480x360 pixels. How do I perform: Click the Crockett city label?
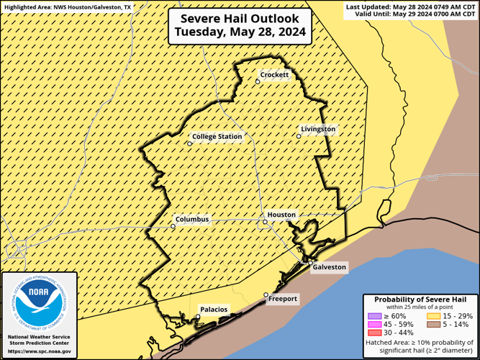click(x=274, y=75)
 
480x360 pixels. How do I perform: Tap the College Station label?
click(x=217, y=136)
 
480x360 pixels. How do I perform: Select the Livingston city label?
click(x=318, y=129)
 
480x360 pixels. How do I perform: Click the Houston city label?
click(x=281, y=215)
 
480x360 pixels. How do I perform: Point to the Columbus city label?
click(x=191, y=219)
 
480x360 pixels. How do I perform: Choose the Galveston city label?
click(x=330, y=267)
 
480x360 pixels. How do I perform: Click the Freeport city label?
click(x=283, y=299)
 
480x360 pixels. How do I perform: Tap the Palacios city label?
click(x=214, y=310)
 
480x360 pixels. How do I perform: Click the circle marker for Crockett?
click(x=258, y=81)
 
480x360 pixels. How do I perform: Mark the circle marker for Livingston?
click(x=299, y=136)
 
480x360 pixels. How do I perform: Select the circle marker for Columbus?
click(x=173, y=226)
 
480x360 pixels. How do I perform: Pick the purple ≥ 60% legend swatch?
click(x=374, y=315)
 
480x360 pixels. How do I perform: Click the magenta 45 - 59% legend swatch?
click(x=374, y=324)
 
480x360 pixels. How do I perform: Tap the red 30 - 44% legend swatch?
click(x=374, y=333)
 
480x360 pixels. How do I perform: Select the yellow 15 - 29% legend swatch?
click(x=434, y=315)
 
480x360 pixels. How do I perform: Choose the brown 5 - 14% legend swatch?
click(x=434, y=324)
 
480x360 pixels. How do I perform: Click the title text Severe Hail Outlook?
click(x=240, y=19)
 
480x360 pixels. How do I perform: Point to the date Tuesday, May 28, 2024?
click(x=240, y=32)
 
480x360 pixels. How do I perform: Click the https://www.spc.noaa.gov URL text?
click(x=40, y=351)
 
